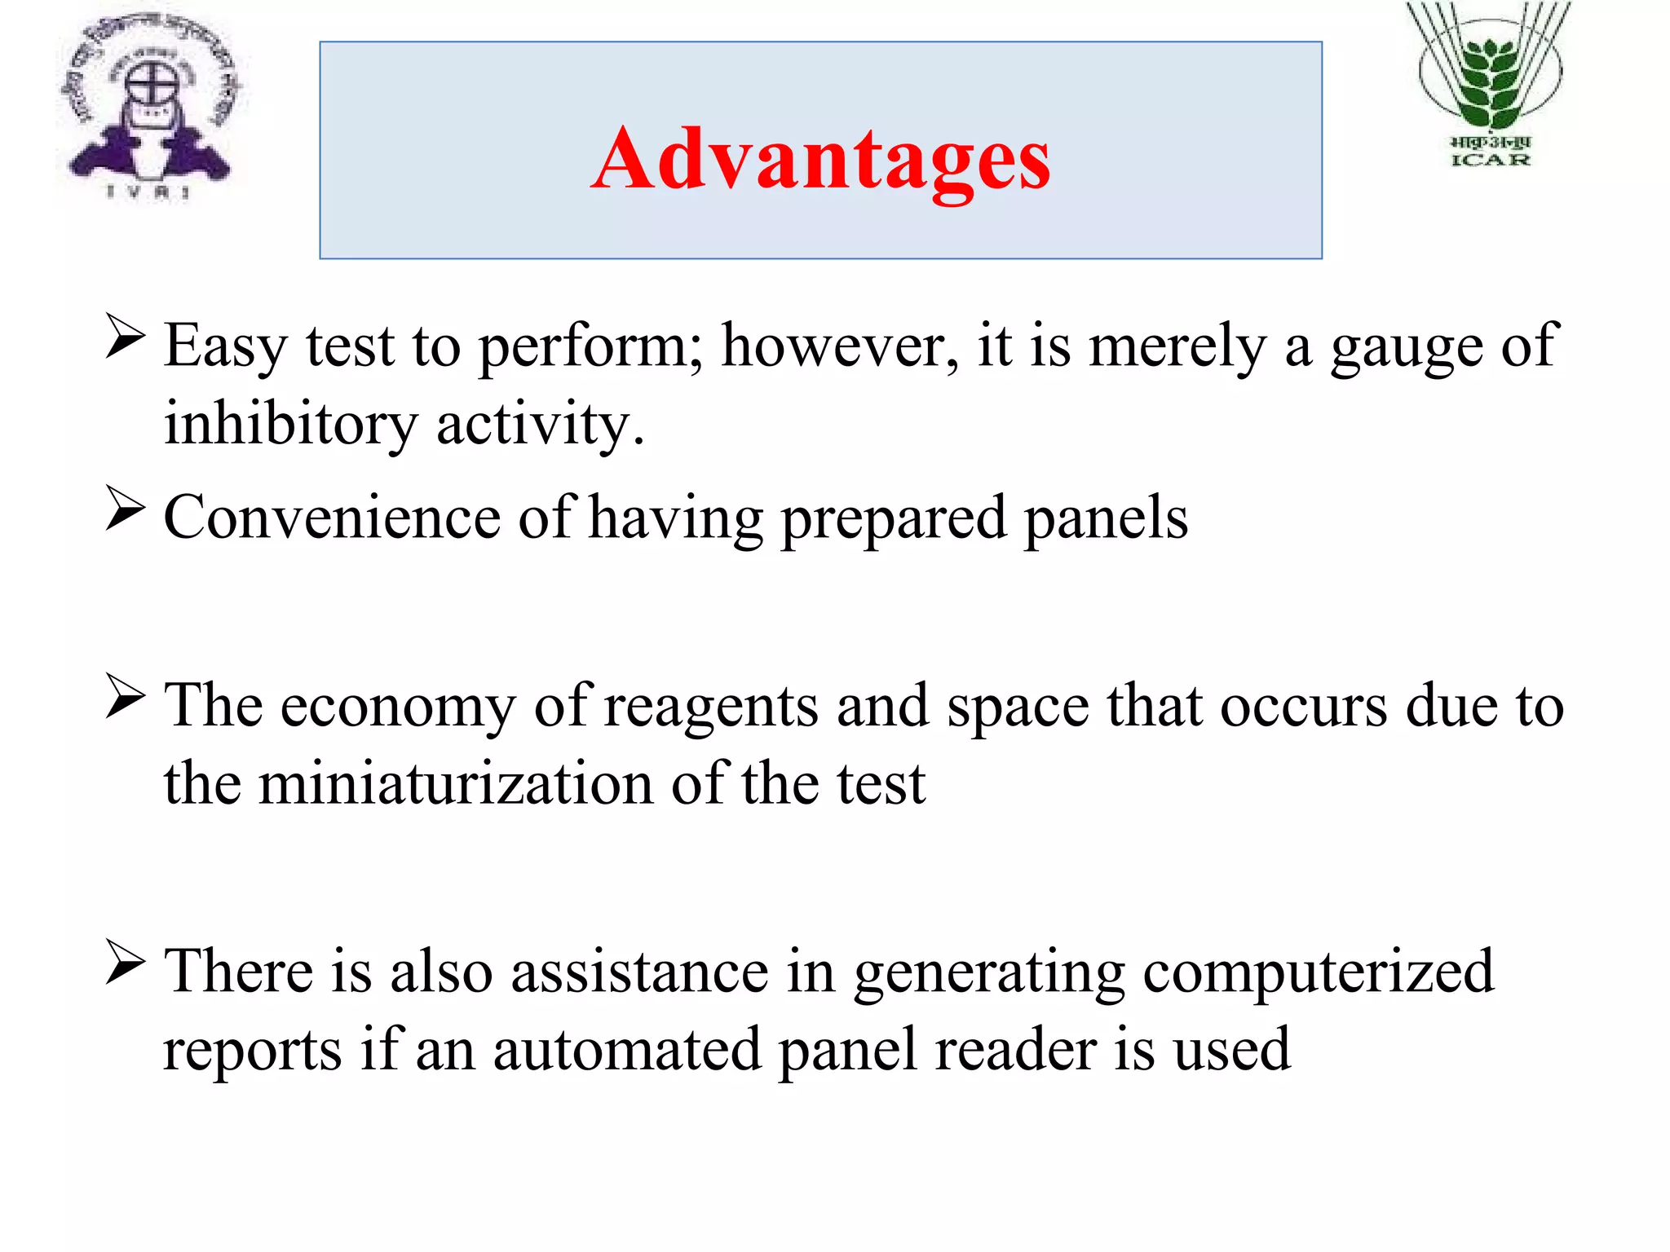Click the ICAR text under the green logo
pos(1491,160)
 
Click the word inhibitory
pos(290,424)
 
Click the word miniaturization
pos(456,783)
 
